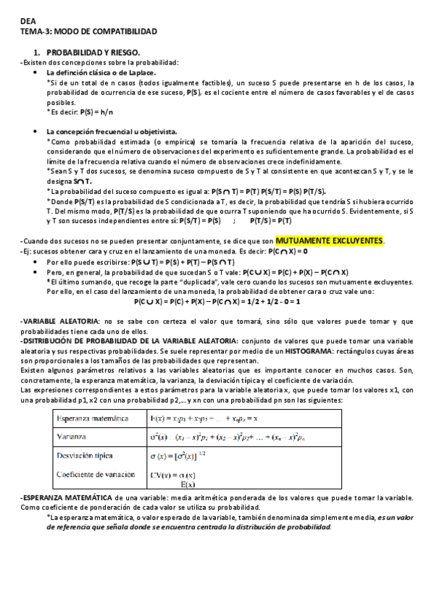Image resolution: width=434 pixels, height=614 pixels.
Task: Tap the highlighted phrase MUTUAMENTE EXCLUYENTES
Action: click(330, 240)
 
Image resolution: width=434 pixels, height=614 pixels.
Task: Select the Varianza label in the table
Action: click(74, 437)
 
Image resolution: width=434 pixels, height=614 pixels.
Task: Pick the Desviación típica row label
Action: click(91, 458)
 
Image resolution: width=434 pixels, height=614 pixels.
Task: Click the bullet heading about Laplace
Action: click(111, 73)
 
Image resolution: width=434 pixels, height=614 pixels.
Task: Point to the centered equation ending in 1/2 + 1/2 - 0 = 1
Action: click(217, 301)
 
